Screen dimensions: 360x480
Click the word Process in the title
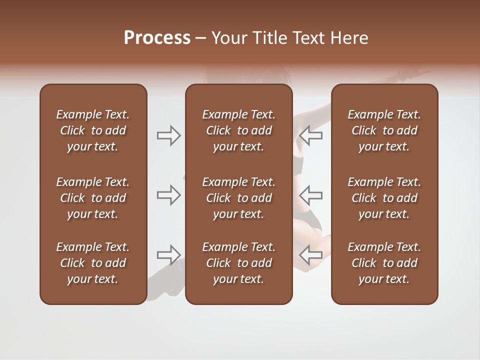pyautogui.click(x=157, y=38)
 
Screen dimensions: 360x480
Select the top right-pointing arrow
pyautogui.click(x=169, y=135)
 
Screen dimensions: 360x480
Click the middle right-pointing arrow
pyautogui.click(x=169, y=195)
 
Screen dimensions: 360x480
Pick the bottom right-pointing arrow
pyautogui.click(x=169, y=255)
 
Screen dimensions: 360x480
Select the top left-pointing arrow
pyautogui.click(x=310, y=135)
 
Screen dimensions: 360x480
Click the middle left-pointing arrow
pyautogui.click(x=310, y=195)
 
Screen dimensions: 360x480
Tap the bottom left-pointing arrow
pyautogui.click(x=310, y=255)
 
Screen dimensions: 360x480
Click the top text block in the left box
pyautogui.click(x=93, y=130)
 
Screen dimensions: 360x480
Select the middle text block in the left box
pyautogui.click(x=93, y=198)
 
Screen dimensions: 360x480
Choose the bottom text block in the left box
pyautogui.click(x=93, y=263)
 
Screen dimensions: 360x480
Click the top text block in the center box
pyautogui.click(x=238, y=130)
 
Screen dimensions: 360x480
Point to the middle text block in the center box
pyautogui.click(x=238, y=198)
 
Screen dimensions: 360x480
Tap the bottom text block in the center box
pyautogui.click(x=238, y=263)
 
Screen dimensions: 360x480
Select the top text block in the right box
pyautogui.click(x=384, y=130)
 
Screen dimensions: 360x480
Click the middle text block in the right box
pyautogui.click(x=384, y=198)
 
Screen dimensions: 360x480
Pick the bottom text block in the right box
pyautogui.click(x=384, y=263)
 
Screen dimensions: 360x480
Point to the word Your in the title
pyautogui.click(x=229, y=38)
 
